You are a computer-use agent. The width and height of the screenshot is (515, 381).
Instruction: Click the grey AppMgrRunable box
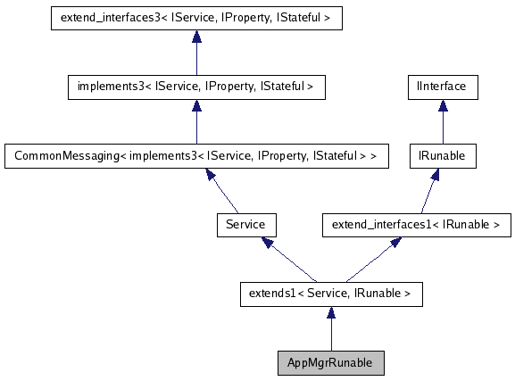(x=330, y=363)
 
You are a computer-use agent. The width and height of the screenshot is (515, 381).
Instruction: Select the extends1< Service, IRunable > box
(x=330, y=293)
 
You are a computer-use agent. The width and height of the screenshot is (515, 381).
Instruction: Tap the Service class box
(x=245, y=224)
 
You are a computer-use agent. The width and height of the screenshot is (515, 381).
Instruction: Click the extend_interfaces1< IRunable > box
(x=416, y=224)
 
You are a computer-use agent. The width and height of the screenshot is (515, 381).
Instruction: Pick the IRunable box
(x=441, y=155)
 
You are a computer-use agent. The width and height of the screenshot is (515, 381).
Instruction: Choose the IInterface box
(x=441, y=87)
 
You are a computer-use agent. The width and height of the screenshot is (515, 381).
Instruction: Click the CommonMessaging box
(x=195, y=155)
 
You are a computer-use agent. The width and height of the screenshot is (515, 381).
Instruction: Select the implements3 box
(x=195, y=87)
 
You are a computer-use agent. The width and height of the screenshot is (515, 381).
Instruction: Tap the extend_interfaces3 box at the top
(x=195, y=17)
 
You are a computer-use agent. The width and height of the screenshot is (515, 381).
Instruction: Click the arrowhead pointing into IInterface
(x=441, y=105)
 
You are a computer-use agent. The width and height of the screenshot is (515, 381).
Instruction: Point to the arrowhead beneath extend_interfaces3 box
(x=195, y=36)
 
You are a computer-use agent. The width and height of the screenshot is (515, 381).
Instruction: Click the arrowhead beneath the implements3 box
(x=195, y=105)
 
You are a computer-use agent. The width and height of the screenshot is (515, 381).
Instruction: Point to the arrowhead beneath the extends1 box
(x=330, y=311)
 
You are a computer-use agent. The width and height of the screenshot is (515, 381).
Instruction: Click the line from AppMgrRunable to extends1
(x=330, y=335)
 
